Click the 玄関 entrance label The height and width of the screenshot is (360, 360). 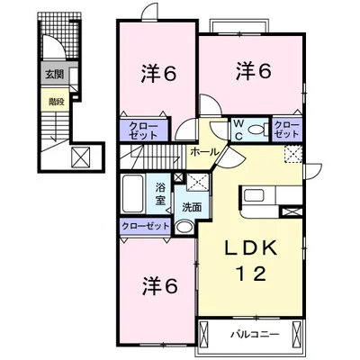(x=55, y=74)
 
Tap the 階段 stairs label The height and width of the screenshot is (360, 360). (x=57, y=102)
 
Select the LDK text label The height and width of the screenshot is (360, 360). (x=251, y=248)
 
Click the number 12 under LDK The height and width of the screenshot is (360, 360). (x=251, y=274)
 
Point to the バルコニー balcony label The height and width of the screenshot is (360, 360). (x=255, y=334)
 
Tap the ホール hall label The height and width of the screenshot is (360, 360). (x=204, y=152)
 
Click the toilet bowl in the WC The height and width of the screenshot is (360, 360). (x=256, y=130)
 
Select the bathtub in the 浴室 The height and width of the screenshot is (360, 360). (x=132, y=193)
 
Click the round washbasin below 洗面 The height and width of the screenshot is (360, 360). (x=184, y=227)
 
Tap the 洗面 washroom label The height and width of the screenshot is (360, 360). (x=192, y=207)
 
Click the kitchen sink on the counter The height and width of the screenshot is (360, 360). (x=254, y=195)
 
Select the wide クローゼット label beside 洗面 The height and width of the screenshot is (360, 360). (x=146, y=226)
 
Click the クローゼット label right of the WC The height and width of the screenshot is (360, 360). (x=287, y=130)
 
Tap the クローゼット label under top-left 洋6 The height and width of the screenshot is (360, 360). (x=143, y=130)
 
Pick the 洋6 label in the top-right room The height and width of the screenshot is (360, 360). (x=254, y=71)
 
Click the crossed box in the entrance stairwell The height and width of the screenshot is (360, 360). (x=81, y=157)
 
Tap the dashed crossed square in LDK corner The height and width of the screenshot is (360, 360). (x=292, y=154)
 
